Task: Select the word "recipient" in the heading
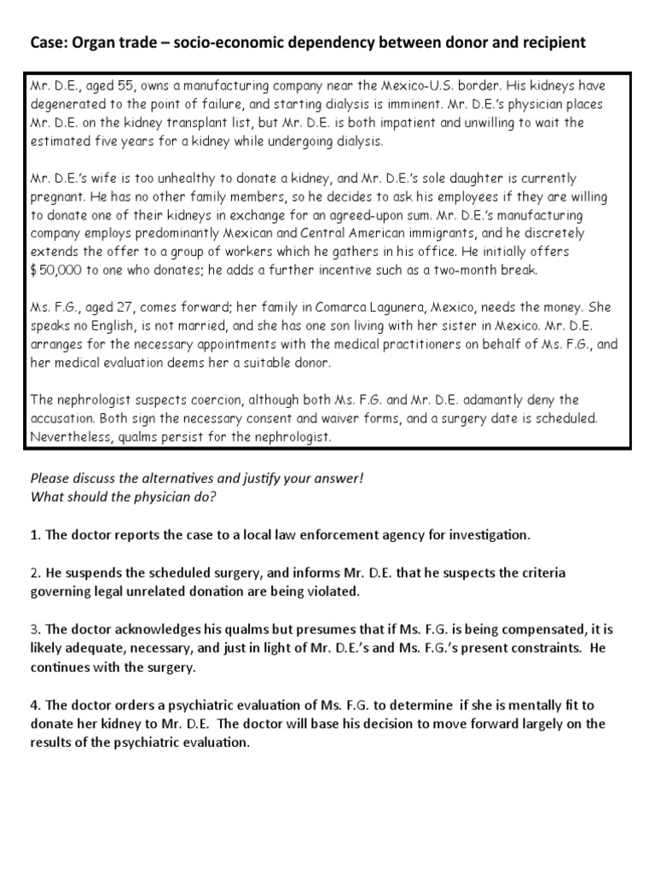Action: tap(551, 43)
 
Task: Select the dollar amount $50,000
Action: tap(61, 270)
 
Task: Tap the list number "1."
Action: tap(36, 535)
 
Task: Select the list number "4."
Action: tap(36, 706)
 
